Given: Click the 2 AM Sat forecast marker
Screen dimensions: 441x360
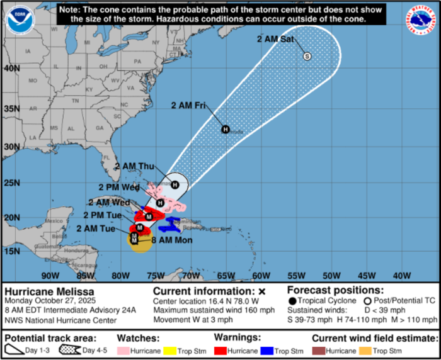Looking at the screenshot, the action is point(307,56).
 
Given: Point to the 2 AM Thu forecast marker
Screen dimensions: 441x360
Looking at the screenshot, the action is point(176,185).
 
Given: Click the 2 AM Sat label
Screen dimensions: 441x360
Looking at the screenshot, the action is point(274,39).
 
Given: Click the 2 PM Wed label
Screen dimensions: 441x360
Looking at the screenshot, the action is point(118,188).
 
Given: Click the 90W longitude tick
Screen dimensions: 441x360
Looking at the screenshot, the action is point(50,275).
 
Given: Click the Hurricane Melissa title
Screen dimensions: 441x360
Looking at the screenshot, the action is point(50,291).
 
